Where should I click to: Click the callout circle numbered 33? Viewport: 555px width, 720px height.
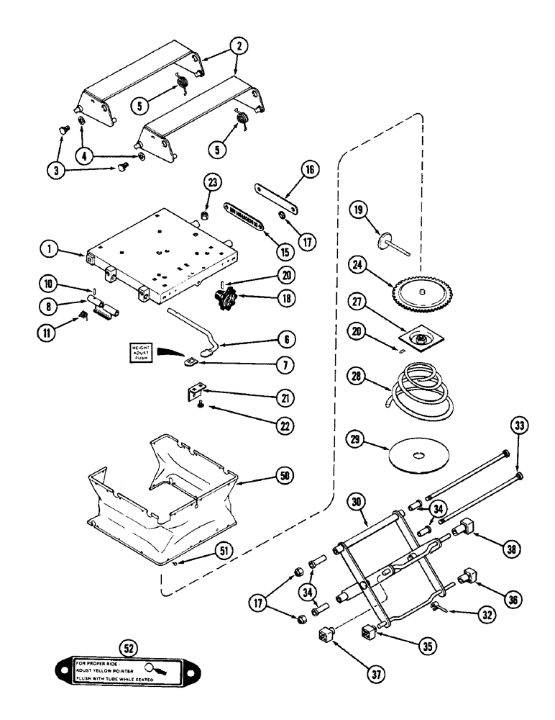[519, 426]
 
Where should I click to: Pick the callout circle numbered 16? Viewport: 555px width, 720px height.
[308, 170]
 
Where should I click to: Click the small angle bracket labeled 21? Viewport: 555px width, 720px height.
[193, 395]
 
